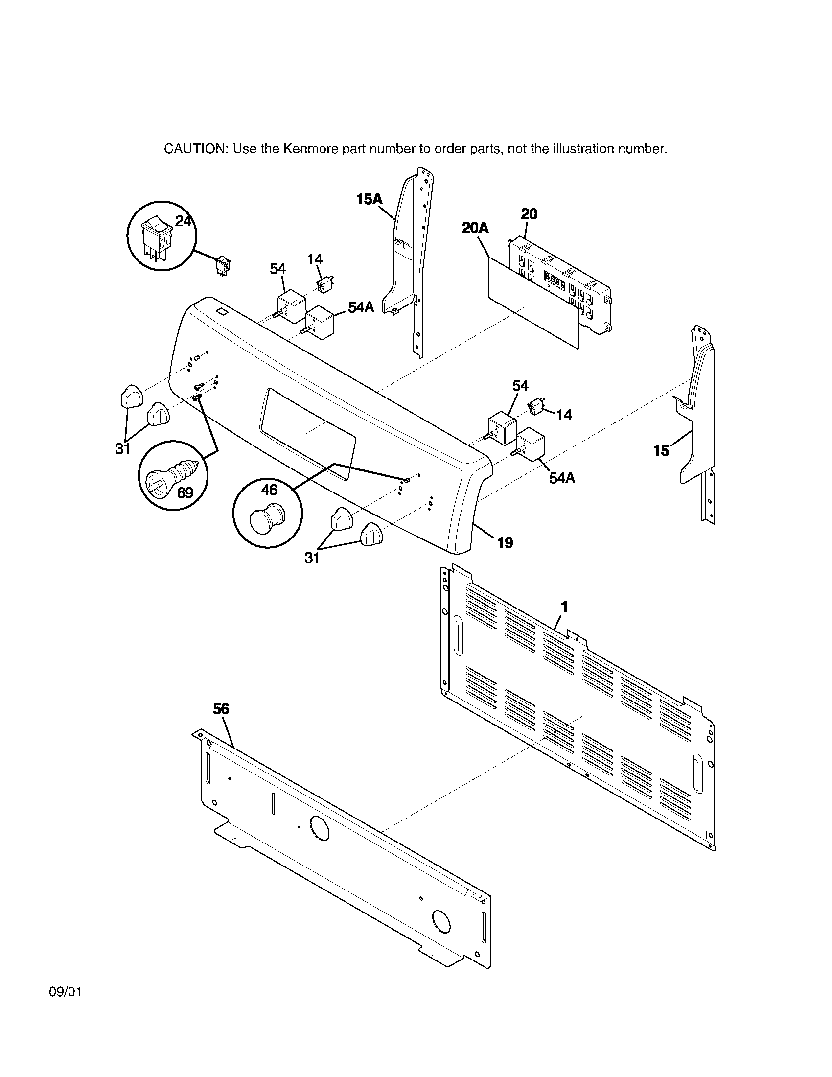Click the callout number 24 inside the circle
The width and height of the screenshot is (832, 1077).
point(183,221)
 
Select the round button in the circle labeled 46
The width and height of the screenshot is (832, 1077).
point(267,517)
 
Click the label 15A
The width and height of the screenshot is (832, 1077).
point(369,199)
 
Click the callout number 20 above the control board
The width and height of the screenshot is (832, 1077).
point(529,214)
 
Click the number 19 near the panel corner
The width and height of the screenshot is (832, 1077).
point(505,543)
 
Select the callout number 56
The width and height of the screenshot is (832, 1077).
point(221,709)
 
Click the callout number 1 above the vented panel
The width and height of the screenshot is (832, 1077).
point(564,607)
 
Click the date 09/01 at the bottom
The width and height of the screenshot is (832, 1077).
point(66,992)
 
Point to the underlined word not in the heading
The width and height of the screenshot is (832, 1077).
point(517,149)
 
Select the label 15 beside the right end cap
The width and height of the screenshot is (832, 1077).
point(661,450)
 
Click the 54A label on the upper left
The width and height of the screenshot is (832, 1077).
point(361,307)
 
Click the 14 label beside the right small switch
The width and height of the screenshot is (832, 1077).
point(564,415)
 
